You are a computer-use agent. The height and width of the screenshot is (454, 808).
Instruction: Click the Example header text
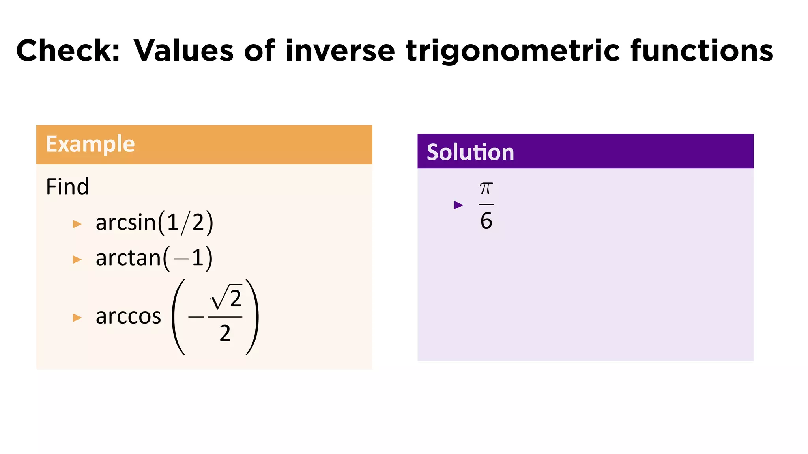90,144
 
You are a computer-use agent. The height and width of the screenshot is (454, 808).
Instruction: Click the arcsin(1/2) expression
154,223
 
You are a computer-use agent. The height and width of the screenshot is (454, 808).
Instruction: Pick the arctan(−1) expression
154,258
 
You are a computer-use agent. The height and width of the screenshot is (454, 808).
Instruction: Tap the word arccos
128,316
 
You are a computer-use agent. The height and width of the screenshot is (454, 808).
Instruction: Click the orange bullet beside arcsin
77,224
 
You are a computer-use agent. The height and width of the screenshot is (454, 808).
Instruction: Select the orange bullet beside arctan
77,259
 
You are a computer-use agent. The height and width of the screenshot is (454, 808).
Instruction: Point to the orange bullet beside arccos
77,318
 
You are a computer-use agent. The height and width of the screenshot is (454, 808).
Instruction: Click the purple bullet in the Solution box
458,205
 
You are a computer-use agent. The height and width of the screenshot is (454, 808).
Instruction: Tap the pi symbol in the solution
486,189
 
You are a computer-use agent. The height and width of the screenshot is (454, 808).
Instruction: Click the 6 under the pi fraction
486,221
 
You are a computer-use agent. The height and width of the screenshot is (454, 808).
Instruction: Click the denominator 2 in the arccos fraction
225,333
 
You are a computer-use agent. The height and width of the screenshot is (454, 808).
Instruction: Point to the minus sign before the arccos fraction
196,317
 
